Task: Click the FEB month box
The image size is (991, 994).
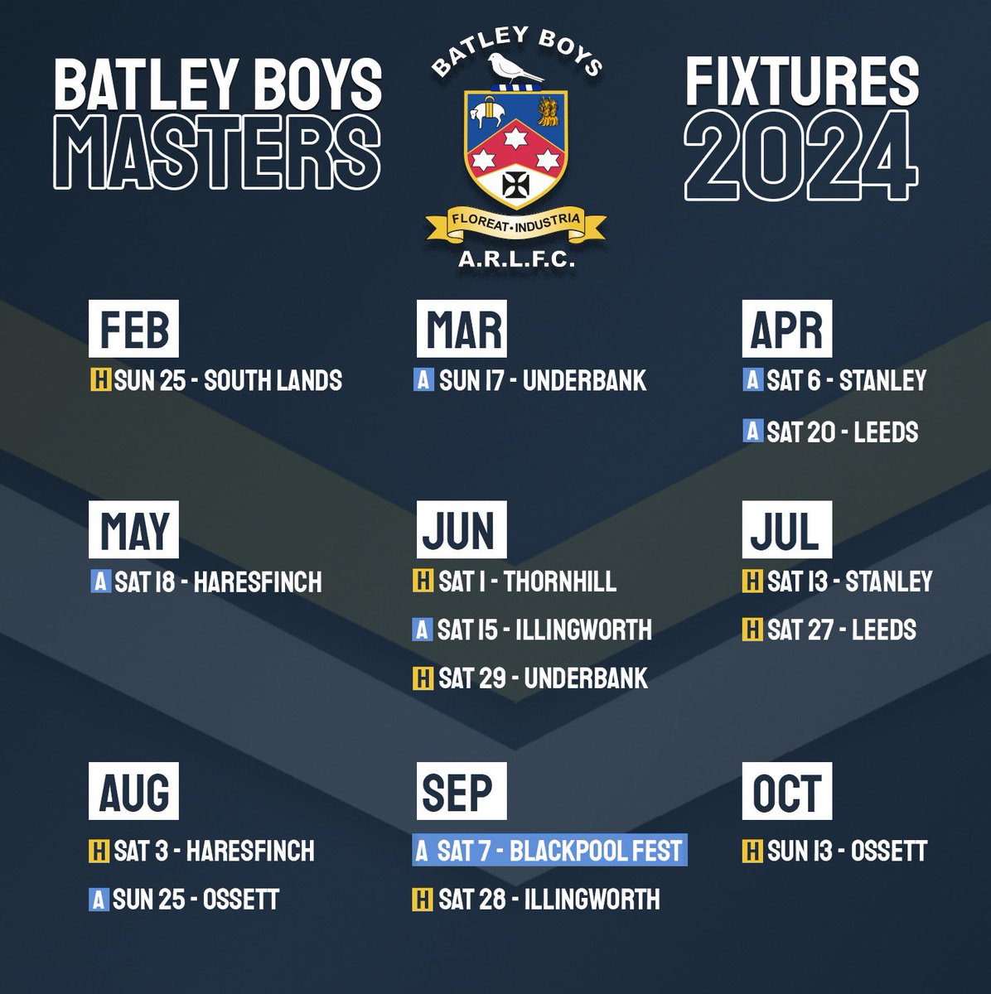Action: click(133, 329)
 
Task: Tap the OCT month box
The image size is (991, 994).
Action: click(786, 791)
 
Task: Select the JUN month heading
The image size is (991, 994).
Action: click(461, 529)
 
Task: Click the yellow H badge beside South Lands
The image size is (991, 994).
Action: click(100, 380)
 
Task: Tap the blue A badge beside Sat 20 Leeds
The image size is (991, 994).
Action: click(752, 432)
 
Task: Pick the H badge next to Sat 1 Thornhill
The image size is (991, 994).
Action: click(423, 581)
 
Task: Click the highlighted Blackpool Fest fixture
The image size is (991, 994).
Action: click(549, 850)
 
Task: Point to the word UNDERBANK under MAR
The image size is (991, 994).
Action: click(584, 380)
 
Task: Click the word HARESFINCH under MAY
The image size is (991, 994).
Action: click(258, 581)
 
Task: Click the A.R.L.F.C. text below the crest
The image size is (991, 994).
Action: click(516, 260)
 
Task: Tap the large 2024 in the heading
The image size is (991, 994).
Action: click(800, 157)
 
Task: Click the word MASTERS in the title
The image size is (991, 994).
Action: click(222, 153)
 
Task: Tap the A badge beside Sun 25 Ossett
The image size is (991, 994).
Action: click(99, 899)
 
